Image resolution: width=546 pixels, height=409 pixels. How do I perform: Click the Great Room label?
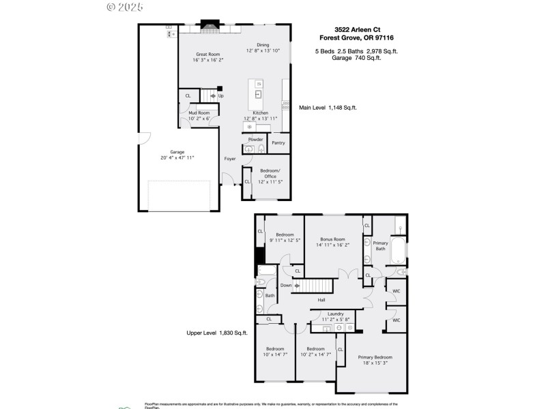208,54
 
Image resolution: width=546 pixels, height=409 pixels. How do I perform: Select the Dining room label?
262,45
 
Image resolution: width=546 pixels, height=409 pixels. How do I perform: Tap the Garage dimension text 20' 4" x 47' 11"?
177,157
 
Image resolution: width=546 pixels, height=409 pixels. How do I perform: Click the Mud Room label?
199,112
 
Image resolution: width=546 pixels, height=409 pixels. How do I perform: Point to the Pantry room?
278,143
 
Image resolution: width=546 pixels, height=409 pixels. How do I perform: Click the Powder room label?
255,139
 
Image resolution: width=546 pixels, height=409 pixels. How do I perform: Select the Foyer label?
230,159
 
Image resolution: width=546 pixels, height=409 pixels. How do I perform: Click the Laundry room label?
335,314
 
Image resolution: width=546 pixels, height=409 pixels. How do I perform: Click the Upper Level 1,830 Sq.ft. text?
217,333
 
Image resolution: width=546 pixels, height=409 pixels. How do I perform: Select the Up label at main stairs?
220,96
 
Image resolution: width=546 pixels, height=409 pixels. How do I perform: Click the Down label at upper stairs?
286,285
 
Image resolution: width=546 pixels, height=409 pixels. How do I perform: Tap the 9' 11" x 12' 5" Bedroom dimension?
285,240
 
